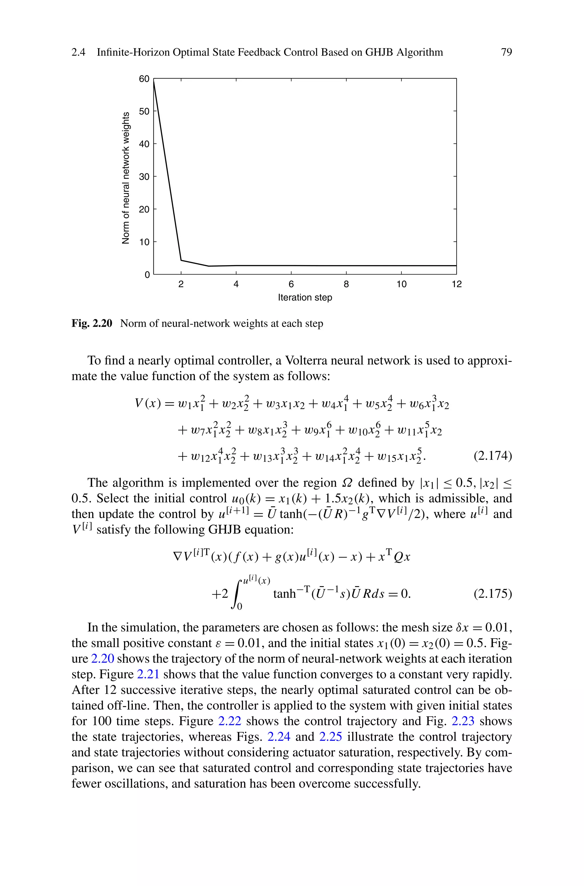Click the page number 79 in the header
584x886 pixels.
[x=506, y=52]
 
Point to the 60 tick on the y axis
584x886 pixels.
[x=144, y=79]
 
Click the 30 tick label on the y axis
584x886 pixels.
[x=144, y=177]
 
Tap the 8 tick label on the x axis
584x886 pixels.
[x=346, y=284]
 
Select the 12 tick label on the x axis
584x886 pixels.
[x=456, y=284]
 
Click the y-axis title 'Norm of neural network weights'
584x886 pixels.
[x=126, y=178]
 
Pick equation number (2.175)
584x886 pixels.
[x=492, y=594]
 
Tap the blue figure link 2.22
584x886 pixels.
[x=230, y=721]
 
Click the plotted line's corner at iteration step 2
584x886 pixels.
[x=181, y=260]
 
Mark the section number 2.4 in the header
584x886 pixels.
[x=78, y=52]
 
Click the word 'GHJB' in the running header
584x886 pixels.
[x=378, y=52]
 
